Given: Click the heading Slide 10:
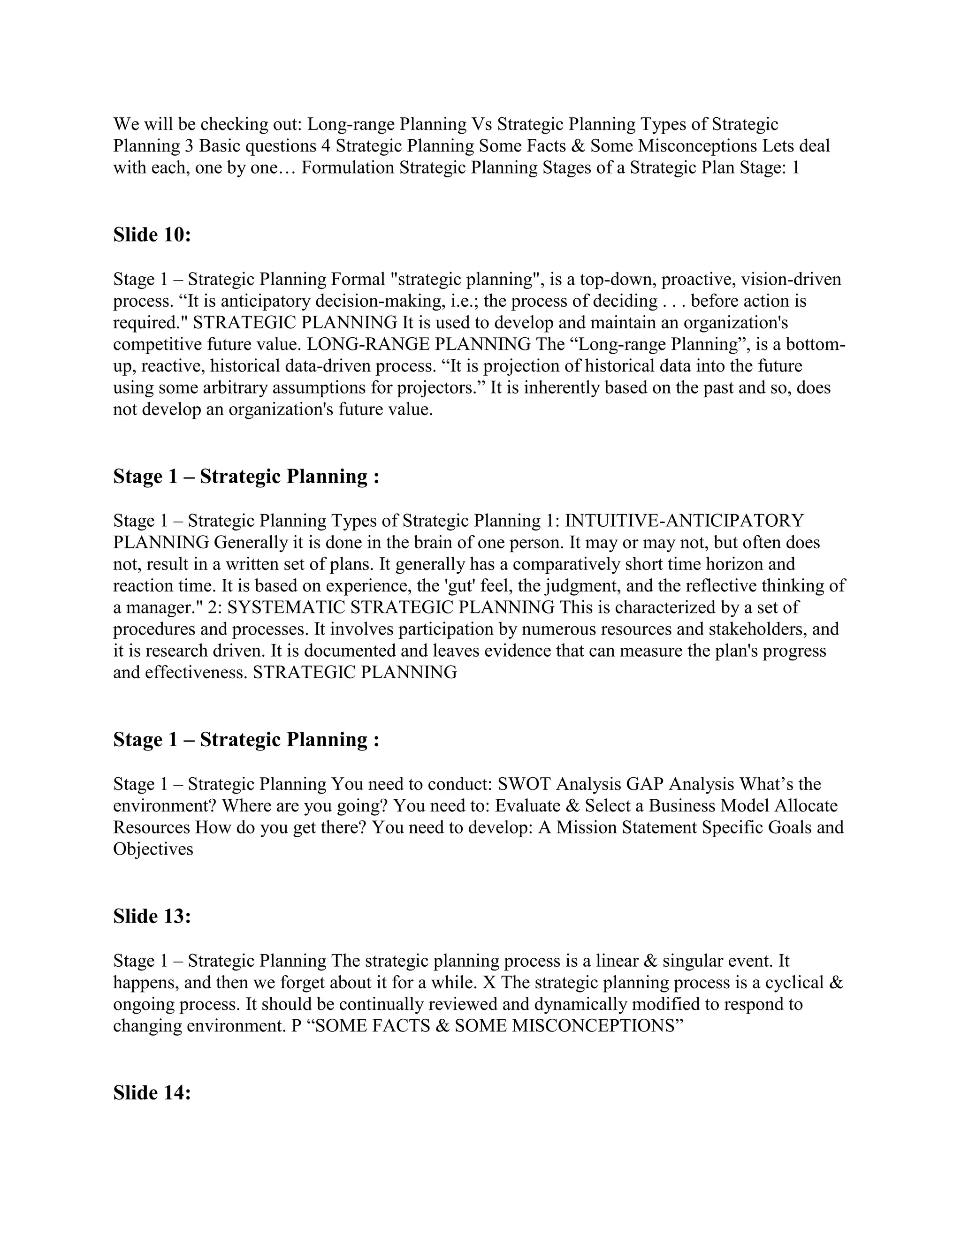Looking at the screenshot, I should [152, 235].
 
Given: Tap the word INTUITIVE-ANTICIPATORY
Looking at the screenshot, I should [684, 520].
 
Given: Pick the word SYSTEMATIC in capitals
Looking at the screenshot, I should [286, 607].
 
